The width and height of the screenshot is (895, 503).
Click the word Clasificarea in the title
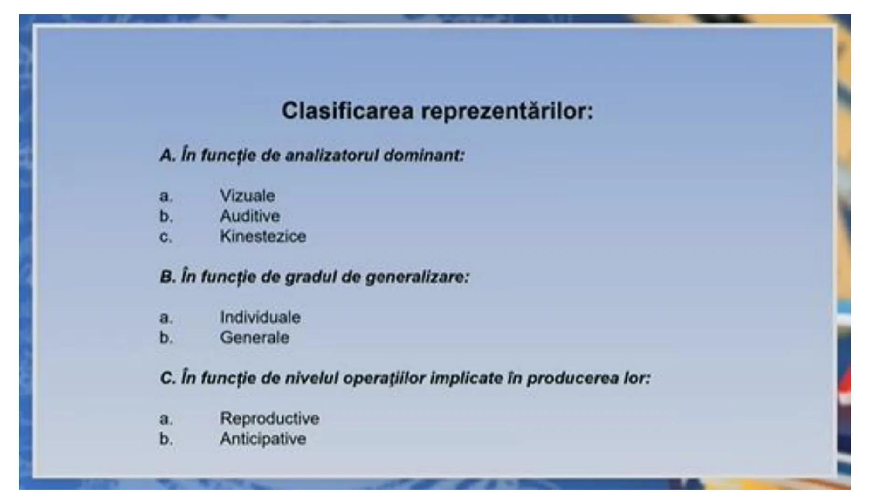347,111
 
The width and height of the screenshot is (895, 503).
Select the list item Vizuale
248,196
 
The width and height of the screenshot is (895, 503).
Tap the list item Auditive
250,216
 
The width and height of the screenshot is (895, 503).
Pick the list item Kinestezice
263,237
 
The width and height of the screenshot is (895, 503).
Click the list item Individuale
260,318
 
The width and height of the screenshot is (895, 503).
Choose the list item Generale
255,338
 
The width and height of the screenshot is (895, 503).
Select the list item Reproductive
269,419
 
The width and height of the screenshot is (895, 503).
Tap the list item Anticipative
263,439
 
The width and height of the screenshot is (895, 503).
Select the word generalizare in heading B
417,277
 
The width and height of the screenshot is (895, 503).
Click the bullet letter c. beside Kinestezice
166,237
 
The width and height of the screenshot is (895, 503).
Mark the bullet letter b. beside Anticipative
166,439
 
